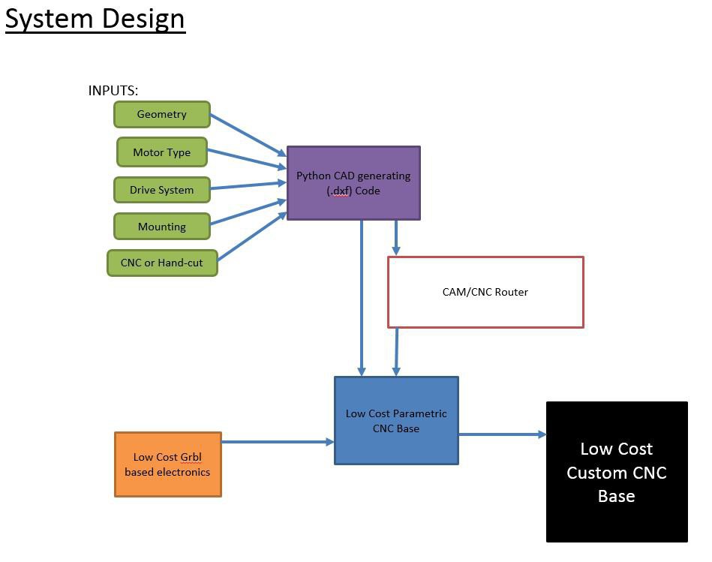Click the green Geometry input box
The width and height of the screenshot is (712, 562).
click(161, 114)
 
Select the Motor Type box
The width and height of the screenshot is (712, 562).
click(161, 152)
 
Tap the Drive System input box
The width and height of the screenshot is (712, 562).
click(161, 190)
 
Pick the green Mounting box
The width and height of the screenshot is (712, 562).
click(161, 226)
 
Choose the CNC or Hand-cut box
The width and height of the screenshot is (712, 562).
click(162, 263)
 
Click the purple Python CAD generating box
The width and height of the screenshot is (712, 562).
click(353, 183)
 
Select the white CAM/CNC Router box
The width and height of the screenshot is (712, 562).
click(485, 292)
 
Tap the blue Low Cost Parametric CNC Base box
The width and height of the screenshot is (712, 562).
click(396, 420)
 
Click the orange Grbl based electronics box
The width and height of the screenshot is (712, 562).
click(167, 464)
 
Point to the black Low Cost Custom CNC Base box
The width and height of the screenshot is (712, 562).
click(617, 472)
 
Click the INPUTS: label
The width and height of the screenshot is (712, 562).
click(113, 91)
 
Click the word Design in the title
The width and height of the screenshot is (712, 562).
click(143, 19)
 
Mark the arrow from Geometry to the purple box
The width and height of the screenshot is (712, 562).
click(248, 135)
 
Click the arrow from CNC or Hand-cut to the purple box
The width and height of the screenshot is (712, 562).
click(252, 236)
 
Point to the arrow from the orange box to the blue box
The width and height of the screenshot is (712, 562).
click(278, 442)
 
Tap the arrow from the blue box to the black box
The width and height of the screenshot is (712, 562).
click(502, 434)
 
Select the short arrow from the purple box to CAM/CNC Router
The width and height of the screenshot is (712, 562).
click(396, 238)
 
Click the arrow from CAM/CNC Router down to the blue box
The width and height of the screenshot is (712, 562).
click(396, 352)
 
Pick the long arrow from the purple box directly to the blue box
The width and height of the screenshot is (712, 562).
click(362, 298)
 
